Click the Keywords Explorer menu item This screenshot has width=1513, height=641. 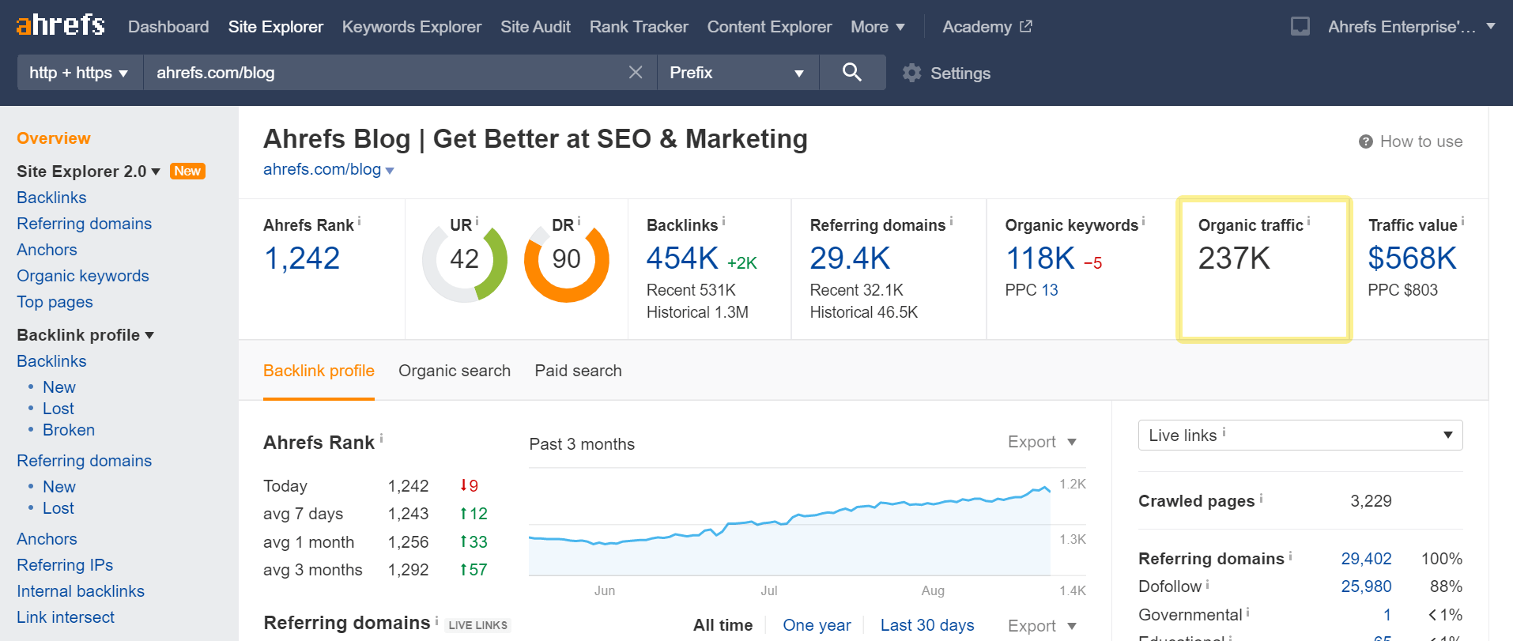click(411, 27)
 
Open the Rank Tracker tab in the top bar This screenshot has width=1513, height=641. click(639, 27)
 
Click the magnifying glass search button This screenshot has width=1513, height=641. click(851, 73)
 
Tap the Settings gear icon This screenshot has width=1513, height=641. click(912, 73)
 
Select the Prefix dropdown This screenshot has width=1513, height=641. click(737, 73)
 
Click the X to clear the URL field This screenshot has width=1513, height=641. click(636, 73)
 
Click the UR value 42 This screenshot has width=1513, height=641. click(464, 259)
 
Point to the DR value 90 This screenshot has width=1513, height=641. click(566, 259)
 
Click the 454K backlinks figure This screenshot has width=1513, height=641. click(682, 258)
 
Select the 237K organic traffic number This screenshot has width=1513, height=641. click(1234, 258)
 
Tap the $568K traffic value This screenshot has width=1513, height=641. click(1412, 258)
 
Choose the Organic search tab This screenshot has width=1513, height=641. click(455, 371)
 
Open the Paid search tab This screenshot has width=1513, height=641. click(578, 371)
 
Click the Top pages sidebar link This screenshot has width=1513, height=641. click(55, 302)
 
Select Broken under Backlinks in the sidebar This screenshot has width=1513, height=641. click(69, 430)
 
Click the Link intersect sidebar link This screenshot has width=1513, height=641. click(66, 617)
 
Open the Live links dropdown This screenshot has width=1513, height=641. click(1300, 436)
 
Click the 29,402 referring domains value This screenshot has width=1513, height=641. click(1366, 559)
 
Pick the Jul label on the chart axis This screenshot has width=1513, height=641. click(769, 590)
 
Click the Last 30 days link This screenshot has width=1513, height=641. click(927, 625)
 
